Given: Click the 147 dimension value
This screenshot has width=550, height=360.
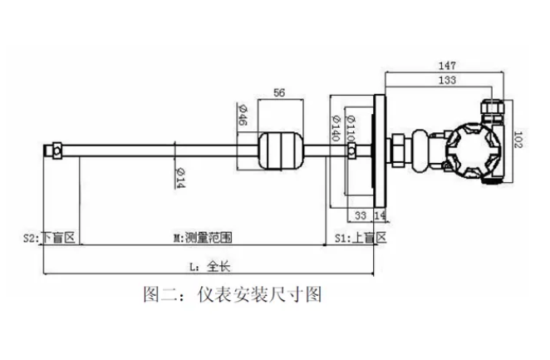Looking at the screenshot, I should click(x=447, y=65).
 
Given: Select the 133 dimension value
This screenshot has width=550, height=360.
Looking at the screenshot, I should click(x=447, y=81).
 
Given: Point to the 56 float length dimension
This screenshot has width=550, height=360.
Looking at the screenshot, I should click(x=280, y=94).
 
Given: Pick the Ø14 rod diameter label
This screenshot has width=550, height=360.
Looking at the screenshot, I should click(x=179, y=175).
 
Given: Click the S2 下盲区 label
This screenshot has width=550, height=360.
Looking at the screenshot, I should click(x=49, y=238).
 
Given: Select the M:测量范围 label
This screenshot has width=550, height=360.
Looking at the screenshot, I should click(x=203, y=238).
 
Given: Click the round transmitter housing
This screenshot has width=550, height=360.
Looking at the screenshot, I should click(x=470, y=150).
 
